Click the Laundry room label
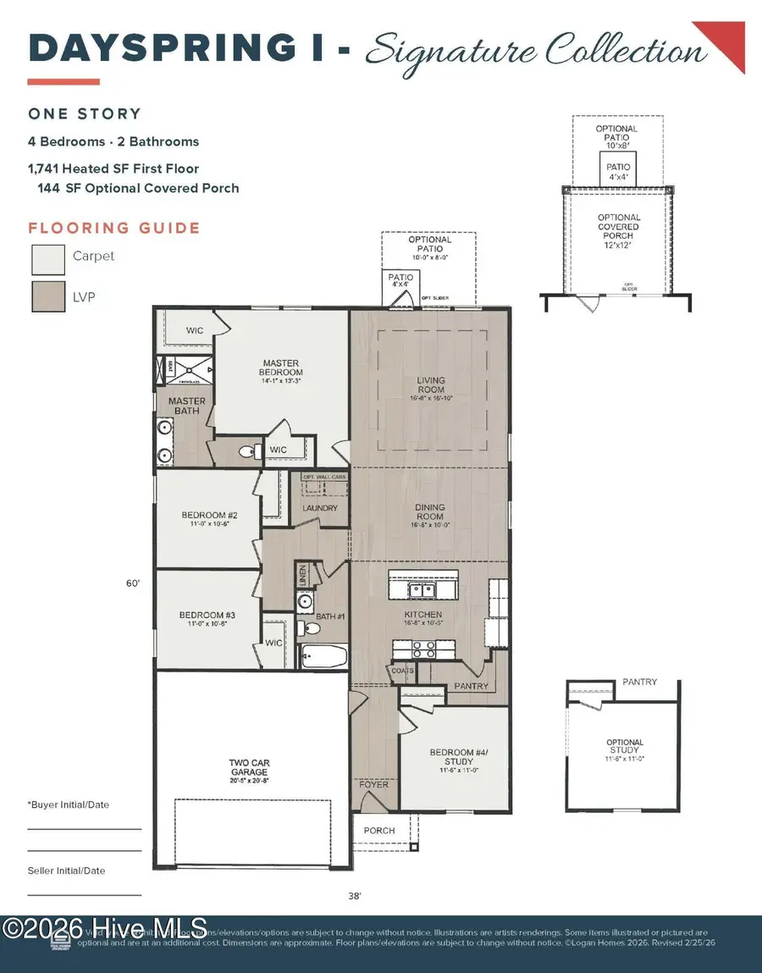click(x=320, y=508)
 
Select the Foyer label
click(x=374, y=784)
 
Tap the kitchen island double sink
click(x=421, y=589)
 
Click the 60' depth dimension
click(x=131, y=583)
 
